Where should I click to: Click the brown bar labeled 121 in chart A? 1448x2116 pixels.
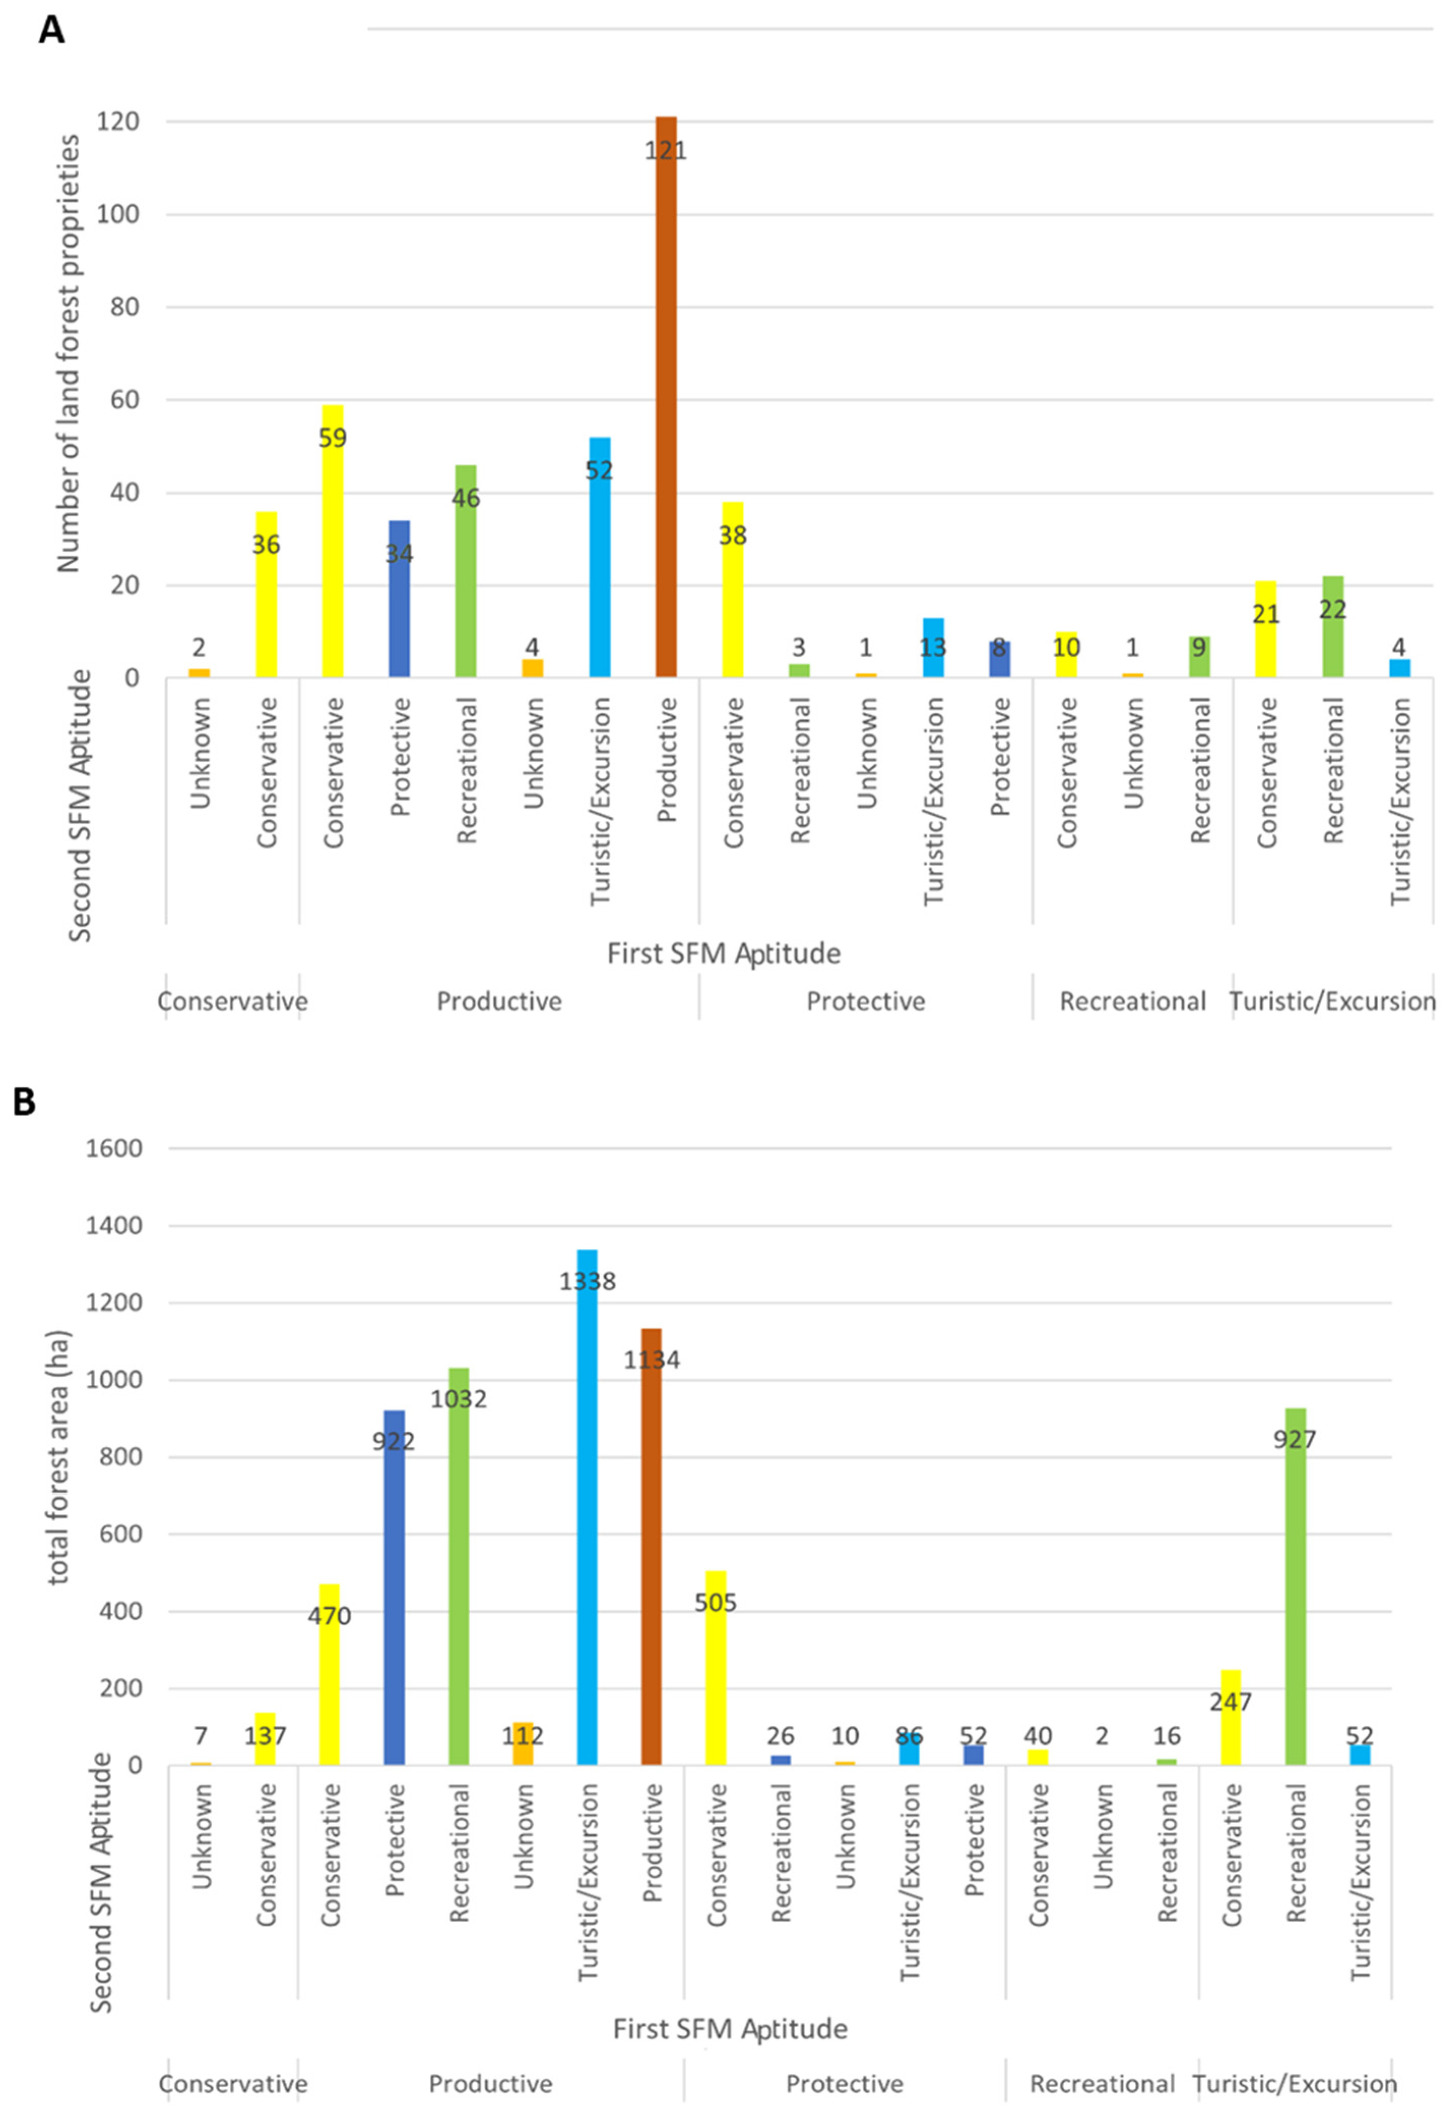[666, 401]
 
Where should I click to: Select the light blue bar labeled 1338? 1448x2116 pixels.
[587, 1511]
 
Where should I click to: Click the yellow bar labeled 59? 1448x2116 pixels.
[333, 546]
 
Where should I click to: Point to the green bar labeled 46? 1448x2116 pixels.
[466, 574]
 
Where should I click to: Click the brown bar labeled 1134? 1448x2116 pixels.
[652, 1548]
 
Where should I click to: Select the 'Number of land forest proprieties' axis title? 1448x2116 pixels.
[69, 353]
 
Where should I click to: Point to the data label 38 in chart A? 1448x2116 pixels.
[732, 536]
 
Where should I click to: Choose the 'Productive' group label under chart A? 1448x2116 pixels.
[499, 1002]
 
